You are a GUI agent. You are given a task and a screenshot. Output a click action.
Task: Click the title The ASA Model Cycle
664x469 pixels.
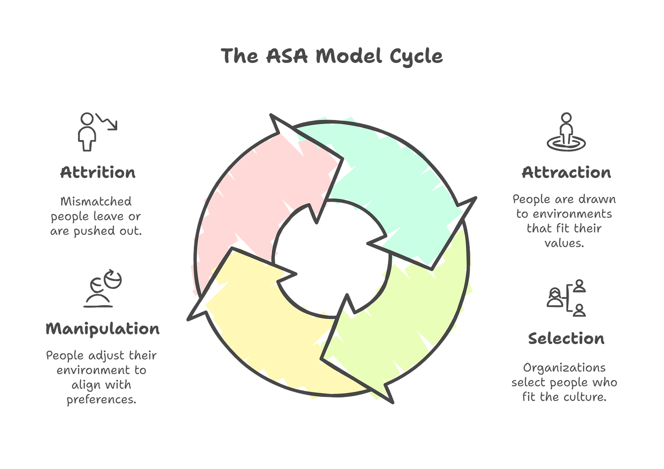332,56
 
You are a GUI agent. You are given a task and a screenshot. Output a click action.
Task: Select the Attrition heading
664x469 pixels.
98,173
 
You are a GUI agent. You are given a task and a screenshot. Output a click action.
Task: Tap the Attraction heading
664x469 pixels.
566,173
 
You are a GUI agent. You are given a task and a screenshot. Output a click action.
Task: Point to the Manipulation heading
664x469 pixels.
103,328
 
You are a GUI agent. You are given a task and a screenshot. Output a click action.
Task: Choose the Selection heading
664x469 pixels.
566,339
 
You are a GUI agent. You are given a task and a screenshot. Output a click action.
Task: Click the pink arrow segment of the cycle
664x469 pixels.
246,192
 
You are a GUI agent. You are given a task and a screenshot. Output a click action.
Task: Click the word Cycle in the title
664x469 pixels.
415,56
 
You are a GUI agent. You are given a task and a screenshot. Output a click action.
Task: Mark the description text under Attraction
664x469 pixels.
564,221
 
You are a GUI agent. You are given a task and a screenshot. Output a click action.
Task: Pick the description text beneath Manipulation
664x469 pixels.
101,377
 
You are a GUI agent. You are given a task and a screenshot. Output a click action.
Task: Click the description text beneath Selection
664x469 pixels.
564,382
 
